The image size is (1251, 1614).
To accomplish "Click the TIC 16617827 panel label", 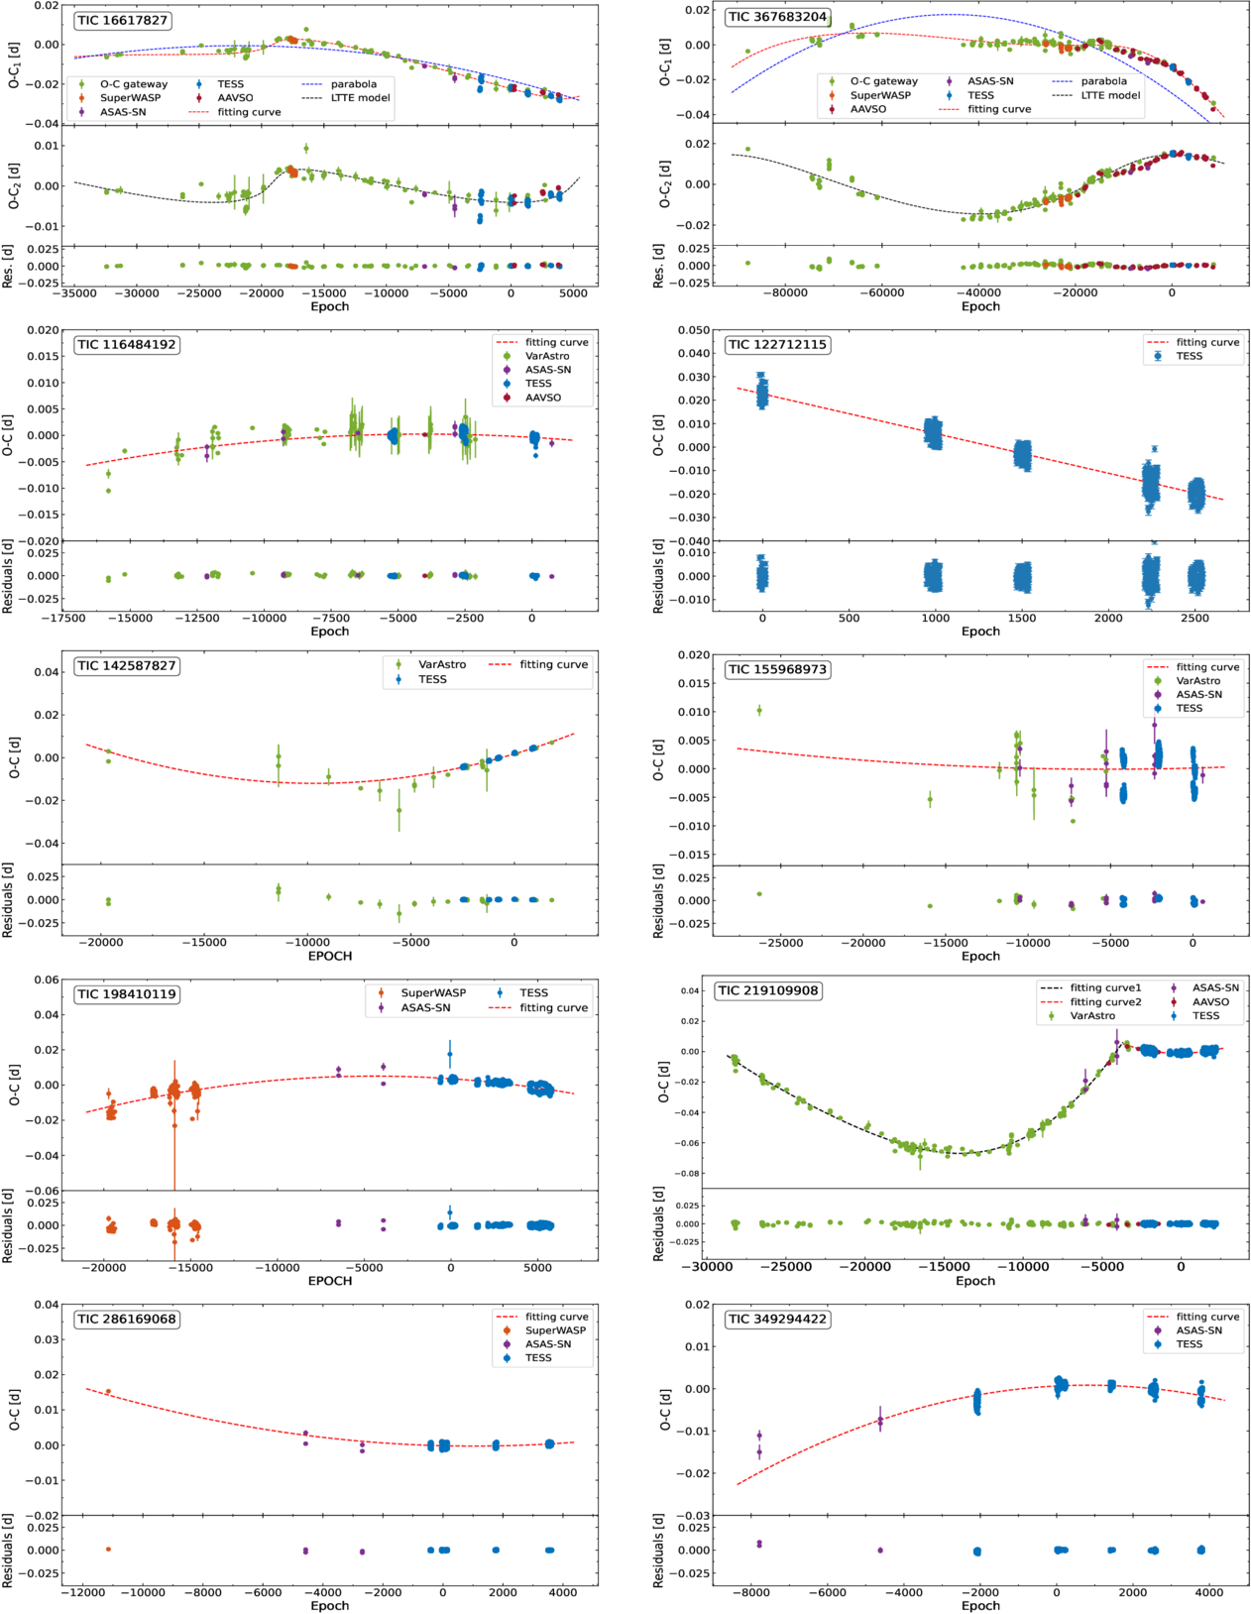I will [122, 20].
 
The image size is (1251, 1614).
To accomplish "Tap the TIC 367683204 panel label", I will [777, 17].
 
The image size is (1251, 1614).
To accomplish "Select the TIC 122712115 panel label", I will [777, 345].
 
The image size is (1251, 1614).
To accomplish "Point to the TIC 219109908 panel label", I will [769, 990].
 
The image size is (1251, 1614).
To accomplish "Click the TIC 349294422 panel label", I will [777, 1319].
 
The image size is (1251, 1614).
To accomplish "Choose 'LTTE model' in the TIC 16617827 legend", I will [360, 98].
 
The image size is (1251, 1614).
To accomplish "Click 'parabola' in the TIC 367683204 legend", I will [1103, 81].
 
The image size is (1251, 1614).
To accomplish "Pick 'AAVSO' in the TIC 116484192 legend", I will [542, 398].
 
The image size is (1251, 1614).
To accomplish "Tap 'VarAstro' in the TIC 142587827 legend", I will [441, 664].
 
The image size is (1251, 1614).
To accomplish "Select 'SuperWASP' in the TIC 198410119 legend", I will [433, 992].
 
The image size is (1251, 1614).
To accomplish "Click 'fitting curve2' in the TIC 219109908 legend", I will [1105, 1002].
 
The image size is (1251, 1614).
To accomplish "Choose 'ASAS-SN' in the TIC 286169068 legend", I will [548, 1344].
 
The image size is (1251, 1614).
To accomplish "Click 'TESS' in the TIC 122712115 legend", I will [1189, 356].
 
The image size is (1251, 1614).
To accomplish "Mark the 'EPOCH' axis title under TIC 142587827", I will [330, 956].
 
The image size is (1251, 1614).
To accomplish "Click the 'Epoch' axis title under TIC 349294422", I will [980, 1605].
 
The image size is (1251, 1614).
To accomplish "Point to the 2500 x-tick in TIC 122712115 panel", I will [1194, 618].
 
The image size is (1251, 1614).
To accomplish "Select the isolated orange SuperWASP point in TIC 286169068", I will [108, 1391].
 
